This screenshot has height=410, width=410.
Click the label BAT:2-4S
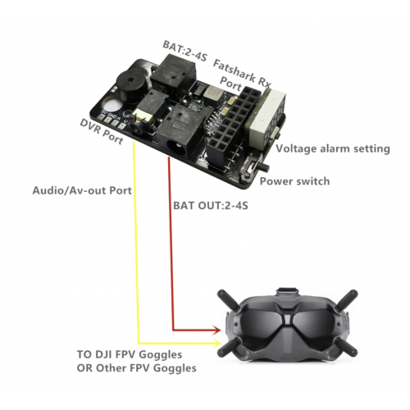185,51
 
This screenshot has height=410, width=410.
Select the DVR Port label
102,131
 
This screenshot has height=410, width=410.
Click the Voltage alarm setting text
333,149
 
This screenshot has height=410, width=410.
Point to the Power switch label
294,181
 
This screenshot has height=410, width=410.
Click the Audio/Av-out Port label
82,190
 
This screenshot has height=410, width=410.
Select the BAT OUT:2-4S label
211,206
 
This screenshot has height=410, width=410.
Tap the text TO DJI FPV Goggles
130,354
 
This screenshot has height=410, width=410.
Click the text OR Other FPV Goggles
136,368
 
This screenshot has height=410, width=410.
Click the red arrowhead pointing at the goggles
217,330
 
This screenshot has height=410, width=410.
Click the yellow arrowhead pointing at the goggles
217,343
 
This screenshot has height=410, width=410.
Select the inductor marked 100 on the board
213,93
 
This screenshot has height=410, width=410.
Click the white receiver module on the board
265,115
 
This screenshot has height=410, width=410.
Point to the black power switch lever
265,167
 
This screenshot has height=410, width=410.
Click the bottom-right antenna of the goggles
346,347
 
